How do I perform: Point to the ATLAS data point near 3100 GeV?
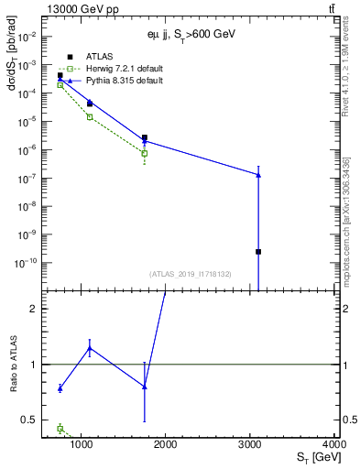pos(258,251)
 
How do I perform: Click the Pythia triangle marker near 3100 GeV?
pos(258,174)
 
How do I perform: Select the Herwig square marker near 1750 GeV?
pos(145,153)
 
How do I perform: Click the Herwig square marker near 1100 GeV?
pos(90,116)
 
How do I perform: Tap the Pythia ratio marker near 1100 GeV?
pos(90,348)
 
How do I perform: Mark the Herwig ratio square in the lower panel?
pos(60,428)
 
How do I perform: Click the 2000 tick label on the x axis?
pos(166,445)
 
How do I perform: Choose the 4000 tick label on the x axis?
pos(334,445)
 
